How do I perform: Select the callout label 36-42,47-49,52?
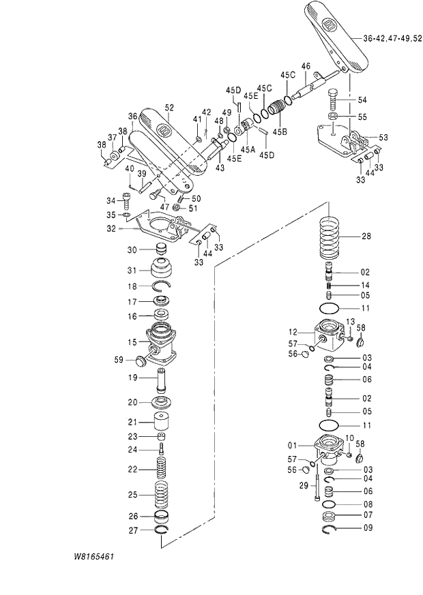tap(392, 38)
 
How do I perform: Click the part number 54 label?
tap(362, 100)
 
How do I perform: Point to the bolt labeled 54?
tap(333, 97)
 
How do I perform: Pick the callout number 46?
tap(306, 66)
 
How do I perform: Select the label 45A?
tap(248, 148)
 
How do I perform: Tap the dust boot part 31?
tap(162, 269)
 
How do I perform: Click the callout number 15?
tap(133, 341)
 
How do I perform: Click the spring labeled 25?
tap(162, 494)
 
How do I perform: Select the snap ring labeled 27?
tap(162, 530)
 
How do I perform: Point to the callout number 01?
tap(292, 446)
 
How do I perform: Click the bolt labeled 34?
tap(128, 200)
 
